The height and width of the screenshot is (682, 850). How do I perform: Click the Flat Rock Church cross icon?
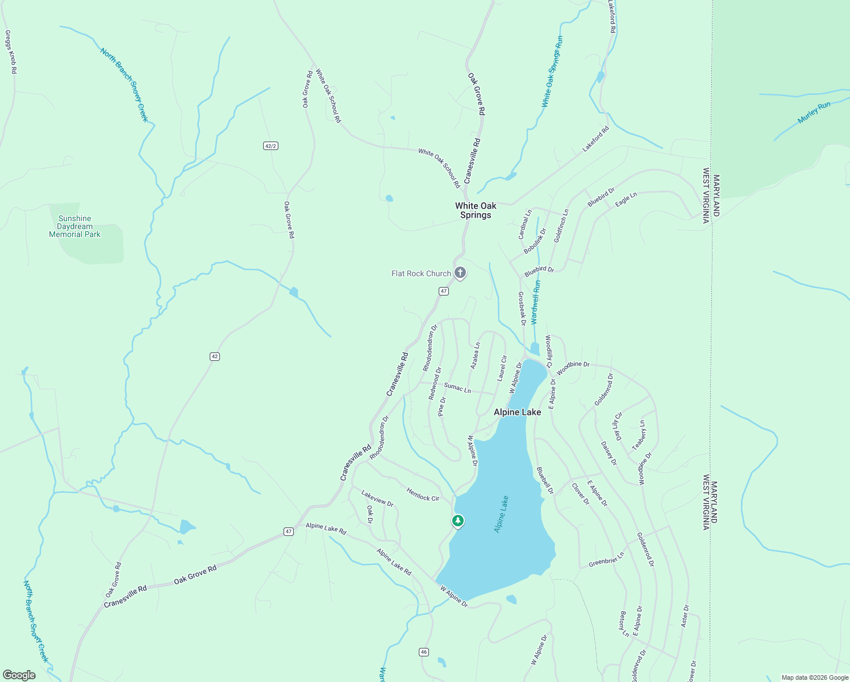460,273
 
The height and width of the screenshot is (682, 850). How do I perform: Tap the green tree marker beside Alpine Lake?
457,521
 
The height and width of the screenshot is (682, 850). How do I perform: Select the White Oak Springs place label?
476,210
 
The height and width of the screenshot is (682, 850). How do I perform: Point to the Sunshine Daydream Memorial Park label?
74,226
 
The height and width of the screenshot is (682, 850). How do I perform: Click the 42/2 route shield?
271,146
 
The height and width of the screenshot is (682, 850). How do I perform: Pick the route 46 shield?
424,652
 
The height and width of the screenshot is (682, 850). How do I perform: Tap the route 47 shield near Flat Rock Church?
444,291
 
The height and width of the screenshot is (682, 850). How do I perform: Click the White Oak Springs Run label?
552,72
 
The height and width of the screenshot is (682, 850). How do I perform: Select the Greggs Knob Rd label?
10,52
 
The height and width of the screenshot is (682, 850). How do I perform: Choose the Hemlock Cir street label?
423,494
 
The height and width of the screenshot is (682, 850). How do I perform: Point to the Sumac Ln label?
457,388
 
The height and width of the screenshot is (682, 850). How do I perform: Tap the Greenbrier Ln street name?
606,559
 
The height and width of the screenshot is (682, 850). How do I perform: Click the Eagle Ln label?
626,199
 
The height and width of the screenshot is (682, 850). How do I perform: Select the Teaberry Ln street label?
640,435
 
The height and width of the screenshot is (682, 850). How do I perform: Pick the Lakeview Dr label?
377,498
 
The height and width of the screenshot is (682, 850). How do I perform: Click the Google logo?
19,675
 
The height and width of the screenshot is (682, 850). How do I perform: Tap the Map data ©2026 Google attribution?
814,677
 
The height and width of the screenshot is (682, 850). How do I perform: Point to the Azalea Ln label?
475,356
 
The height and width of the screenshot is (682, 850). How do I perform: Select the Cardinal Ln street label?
524,224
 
